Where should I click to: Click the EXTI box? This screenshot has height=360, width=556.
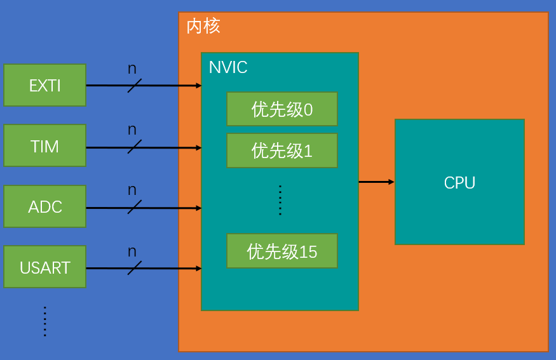click(x=44, y=85)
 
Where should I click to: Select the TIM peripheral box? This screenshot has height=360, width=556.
click(x=44, y=146)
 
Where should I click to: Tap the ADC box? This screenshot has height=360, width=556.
click(x=44, y=207)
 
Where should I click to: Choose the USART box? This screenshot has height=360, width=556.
click(x=44, y=267)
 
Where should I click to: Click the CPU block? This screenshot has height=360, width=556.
click(x=459, y=182)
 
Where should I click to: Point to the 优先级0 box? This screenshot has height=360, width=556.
click(x=281, y=109)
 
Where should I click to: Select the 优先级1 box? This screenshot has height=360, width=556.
click(x=281, y=150)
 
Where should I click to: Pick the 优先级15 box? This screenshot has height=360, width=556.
click(x=281, y=251)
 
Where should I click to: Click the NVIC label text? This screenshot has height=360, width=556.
click(x=228, y=67)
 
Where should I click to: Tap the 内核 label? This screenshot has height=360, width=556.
click(x=203, y=27)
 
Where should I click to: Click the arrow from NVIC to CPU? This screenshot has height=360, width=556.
click(x=376, y=182)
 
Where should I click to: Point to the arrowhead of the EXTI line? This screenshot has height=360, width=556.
click(x=198, y=85)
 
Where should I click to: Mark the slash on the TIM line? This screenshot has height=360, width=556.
click(x=134, y=147)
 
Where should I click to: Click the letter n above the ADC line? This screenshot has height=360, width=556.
click(x=132, y=190)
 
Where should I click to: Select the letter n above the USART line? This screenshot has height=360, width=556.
click(x=132, y=251)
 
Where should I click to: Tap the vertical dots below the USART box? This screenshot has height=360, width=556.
click(x=45, y=321)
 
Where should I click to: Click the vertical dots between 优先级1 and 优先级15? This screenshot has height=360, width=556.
click(x=280, y=201)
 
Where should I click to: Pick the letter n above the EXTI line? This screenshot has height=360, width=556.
click(x=132, y=69)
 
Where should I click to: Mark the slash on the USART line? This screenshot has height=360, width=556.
click(x=134, y=268)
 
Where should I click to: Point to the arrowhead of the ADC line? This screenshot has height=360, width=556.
click(x=198, y=208)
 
